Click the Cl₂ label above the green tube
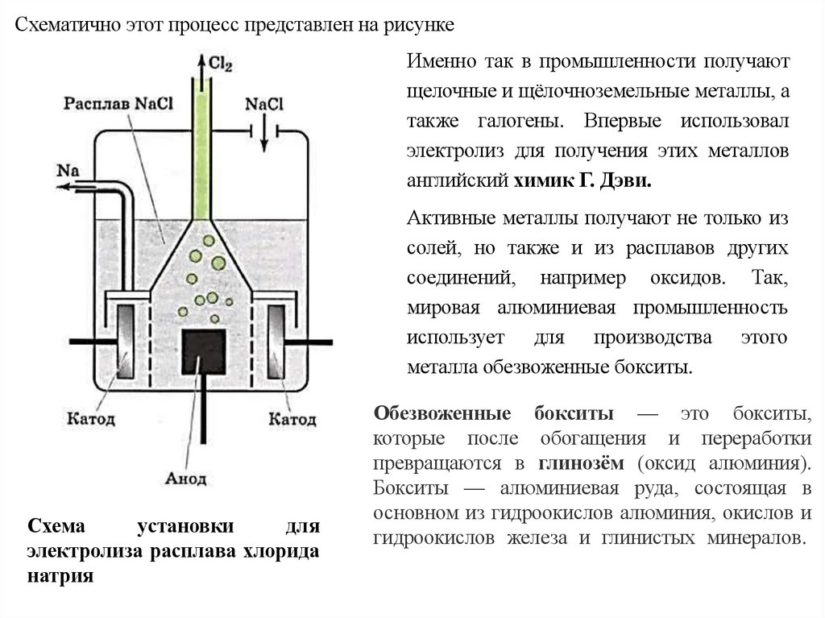[x=220, y=65]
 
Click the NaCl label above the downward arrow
[x=264, y=103]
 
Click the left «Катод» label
[x=89, y=420]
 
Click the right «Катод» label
[x=292, y=420]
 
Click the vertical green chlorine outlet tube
[x=203, y=145]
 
